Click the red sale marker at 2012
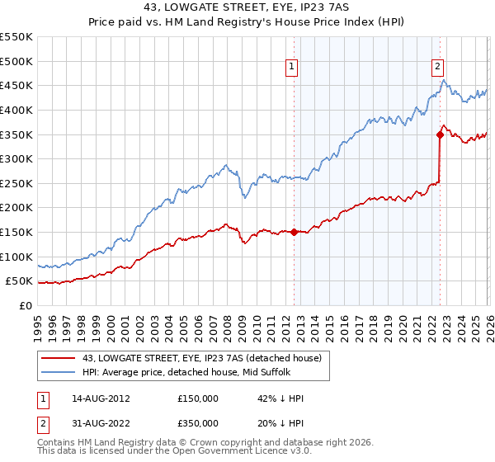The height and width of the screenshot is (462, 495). [x=294, y=233]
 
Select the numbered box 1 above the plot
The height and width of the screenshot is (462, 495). [x=292, y=68]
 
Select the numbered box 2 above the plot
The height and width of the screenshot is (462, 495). [x=437, y=68]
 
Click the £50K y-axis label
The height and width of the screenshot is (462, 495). [x=19, y=281]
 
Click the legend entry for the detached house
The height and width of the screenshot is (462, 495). [x=206, y=357]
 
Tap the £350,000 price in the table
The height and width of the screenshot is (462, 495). [x=198, y=423]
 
